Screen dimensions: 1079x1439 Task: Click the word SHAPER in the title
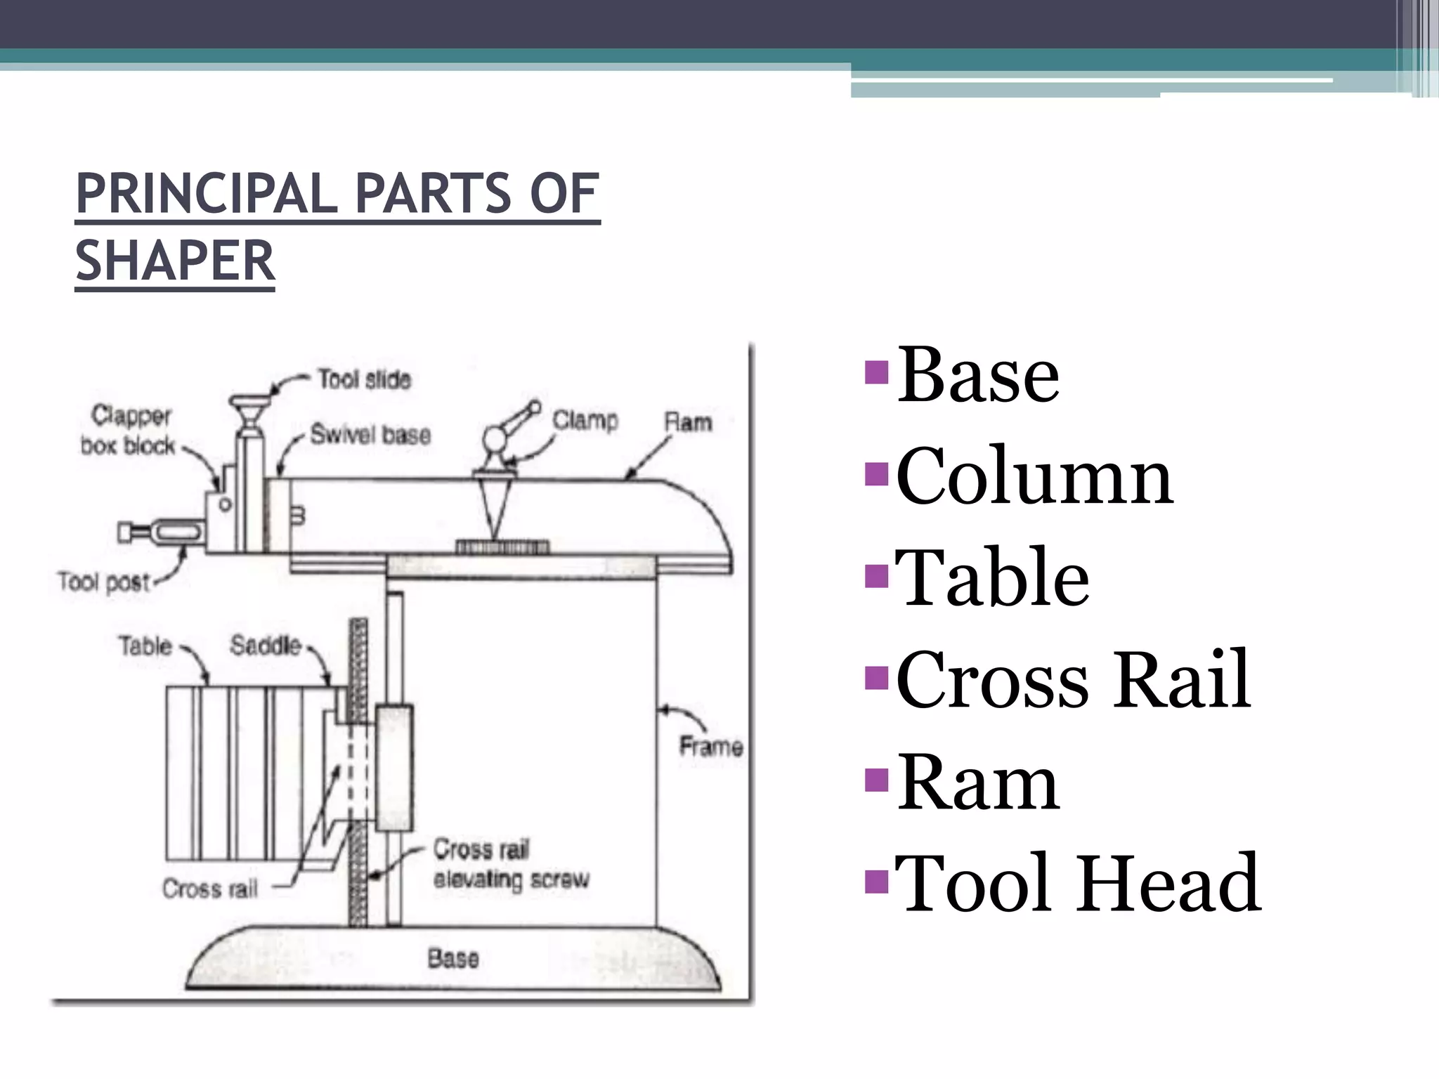click(175, 261)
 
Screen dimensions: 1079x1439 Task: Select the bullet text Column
click(1034, 476)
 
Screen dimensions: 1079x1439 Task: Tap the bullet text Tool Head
click(1078, 883)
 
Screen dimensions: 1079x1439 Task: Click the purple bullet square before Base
click(878, 372)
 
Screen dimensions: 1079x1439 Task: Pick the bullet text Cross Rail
click(1073, 679)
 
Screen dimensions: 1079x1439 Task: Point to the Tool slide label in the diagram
click(364, 379)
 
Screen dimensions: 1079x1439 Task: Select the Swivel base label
click(370, 435)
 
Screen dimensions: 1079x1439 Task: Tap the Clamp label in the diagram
click(585, 420)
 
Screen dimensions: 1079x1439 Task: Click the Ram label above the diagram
click(688, 422)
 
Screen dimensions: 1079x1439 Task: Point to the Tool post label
click(104, 582)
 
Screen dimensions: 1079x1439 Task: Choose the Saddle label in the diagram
click(266, 645)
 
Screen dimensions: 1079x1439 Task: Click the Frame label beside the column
click(710, 746)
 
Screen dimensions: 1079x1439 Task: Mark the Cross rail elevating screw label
click(511, 865)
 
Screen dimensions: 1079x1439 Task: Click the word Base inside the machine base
click(453, 958)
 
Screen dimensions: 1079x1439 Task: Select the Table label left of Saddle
click(145, 646)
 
